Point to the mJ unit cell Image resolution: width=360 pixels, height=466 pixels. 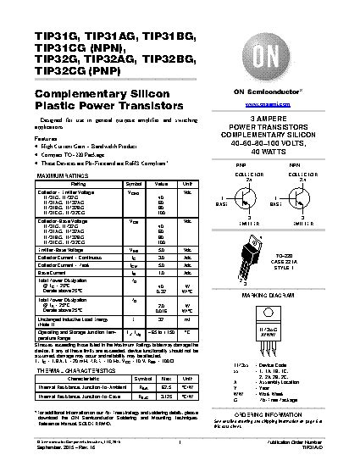pos(188,319)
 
